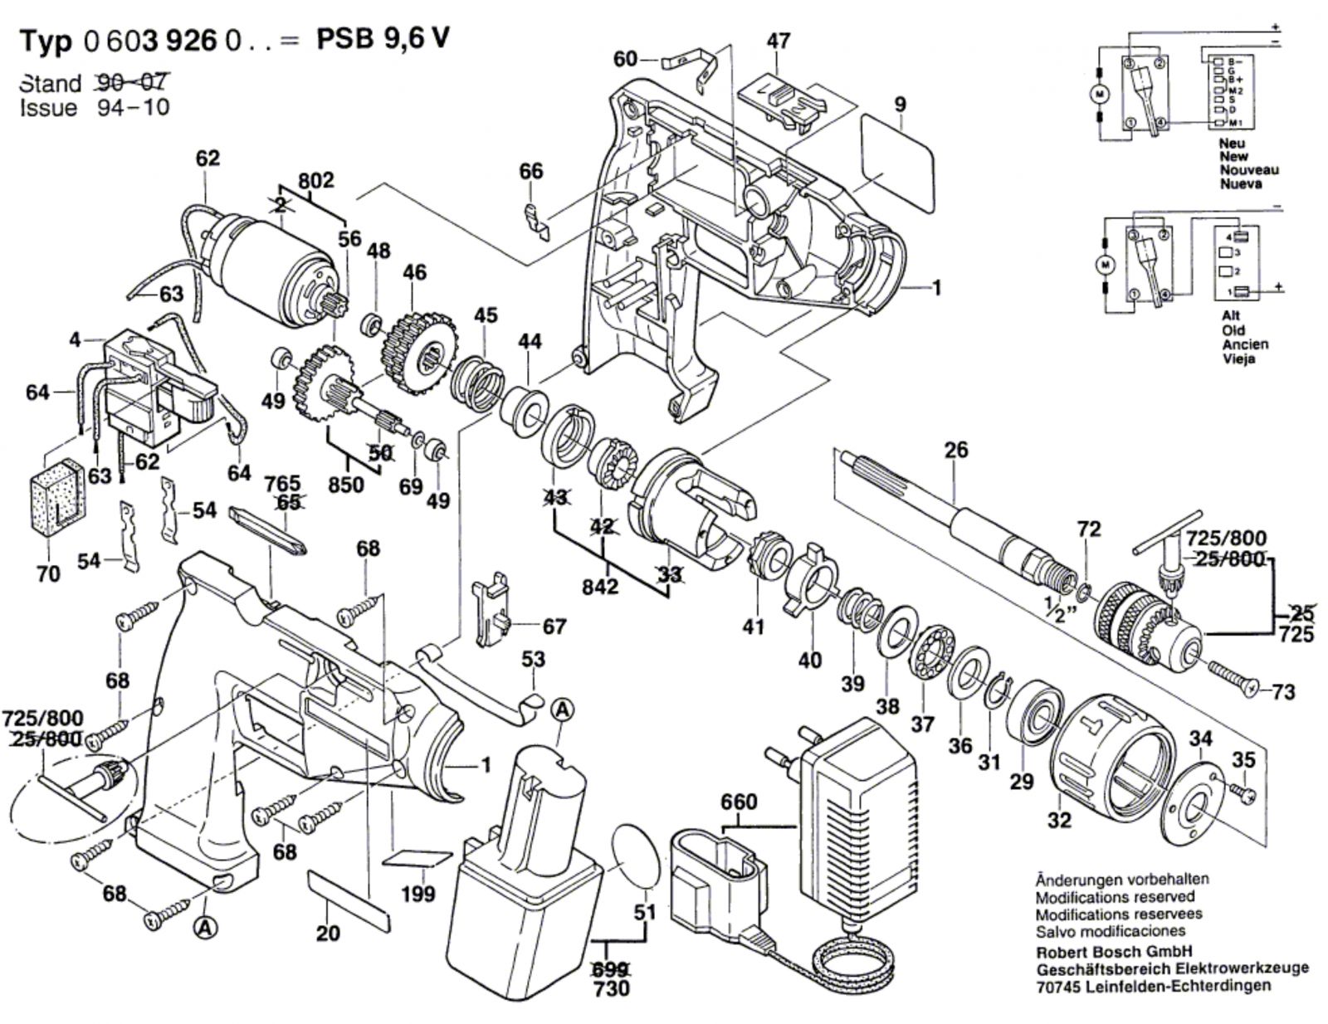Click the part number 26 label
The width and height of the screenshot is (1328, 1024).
(x=956, y=451)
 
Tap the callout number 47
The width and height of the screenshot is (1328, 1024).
(x=778, y=41)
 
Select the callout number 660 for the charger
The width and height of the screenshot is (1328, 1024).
(x=739, y=802)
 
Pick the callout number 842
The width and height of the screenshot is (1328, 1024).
(x=599, y=587)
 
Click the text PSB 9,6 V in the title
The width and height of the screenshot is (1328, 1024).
(x=383, y=39)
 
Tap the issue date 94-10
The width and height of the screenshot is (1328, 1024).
(x=134, y=108)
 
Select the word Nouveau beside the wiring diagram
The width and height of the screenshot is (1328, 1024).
(x=1248, y=169)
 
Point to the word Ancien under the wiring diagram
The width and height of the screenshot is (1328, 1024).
(x=1245, y=344)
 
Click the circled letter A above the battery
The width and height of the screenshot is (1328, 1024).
(x=562, y=709)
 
